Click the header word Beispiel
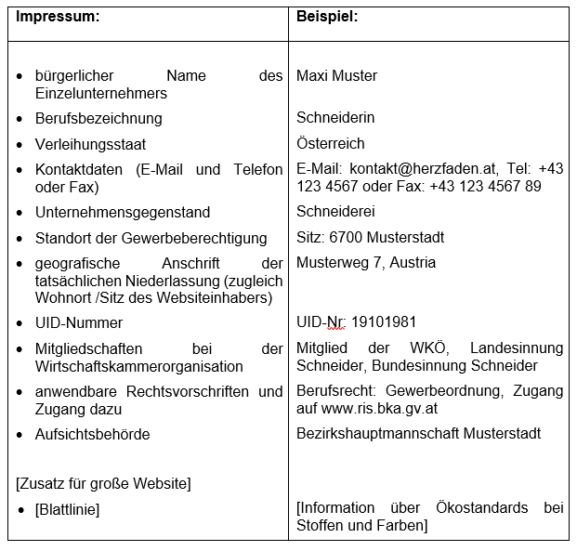click(x=327, y=17)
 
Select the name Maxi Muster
click(x=336, y=75)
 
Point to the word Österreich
click(x=330, y=144)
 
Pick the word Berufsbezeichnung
click(x=98, y=118)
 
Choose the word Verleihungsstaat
click(x=90, y=145)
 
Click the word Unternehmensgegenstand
click(x=123, y=212)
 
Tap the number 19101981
click(x=383, y=322)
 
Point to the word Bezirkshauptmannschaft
click(x=378, y=434)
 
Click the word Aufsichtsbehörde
click(x=92, y=434)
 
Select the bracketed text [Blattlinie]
click(x=67, y=509)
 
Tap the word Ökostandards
click(x=481, y=508)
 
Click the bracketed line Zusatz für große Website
click(x=103, y=483)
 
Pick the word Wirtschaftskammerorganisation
click(x=138, y=365)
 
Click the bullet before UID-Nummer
click(x=20, y=322)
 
